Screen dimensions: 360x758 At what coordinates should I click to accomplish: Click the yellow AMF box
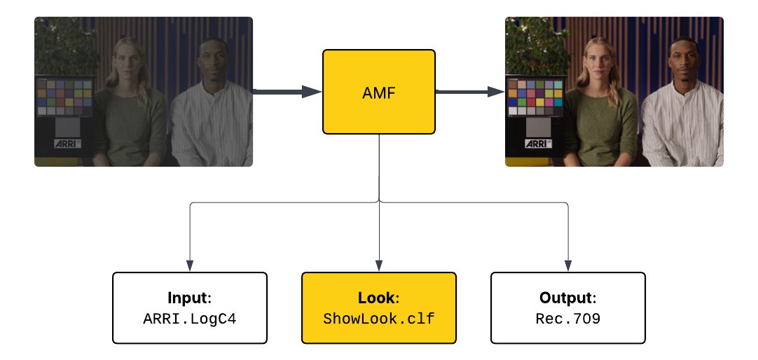(x=379, y=92)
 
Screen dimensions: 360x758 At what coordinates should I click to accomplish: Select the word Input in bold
(x=187, y=298)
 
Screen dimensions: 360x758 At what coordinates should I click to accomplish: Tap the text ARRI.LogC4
(x=190, y=319)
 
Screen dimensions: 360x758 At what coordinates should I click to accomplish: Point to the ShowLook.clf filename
(x=378, y=319)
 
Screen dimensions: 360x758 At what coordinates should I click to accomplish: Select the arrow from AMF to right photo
(x=469, y=91)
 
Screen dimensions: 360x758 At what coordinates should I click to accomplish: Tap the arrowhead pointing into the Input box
(x=190, y=265)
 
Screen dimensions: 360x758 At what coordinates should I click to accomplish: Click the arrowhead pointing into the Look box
(x=379, y=265)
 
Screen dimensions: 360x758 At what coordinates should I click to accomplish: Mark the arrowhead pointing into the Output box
(x=567, y=265)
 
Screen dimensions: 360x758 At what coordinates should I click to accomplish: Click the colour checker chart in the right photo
(x=535, y=97)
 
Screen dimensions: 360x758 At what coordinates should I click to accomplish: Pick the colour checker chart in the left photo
(x=64, y=97)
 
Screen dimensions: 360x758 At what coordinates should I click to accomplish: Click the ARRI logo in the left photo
(x=67, y=143)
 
